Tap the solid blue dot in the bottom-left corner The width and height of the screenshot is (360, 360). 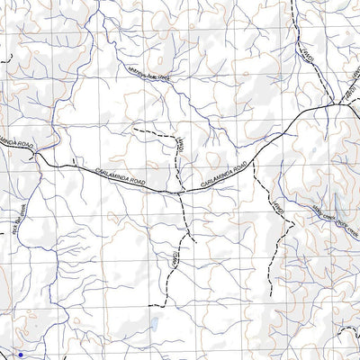(x=21, y=355)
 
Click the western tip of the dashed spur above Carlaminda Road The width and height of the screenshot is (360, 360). (x=134, y=130)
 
